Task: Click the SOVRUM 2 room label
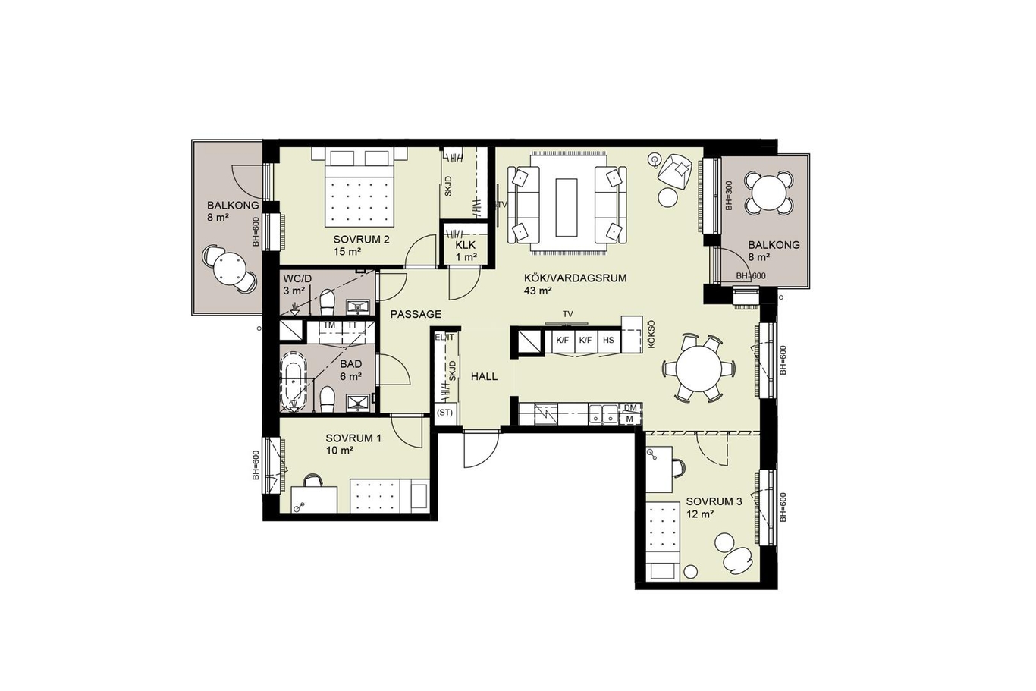click(x=361, y=240)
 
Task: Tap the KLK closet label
click(x=465, y=245)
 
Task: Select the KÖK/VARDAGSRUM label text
click(x=576, y=278)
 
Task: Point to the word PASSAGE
click(x=416, y=315)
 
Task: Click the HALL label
click(x=484, y=377)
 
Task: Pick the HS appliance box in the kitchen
click(x=609, y=341)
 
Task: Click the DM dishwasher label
click(x=630, y=407)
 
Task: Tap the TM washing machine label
click(x=329, y=325)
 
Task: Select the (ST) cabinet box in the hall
click(x=445, y=413)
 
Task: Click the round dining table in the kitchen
click(x=699, y=369)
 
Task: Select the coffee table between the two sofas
click(x=567, y=207)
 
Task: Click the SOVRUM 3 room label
click(x=714, y=501)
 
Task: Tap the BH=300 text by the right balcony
click(x=729, y=196)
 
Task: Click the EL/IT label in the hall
click(x=444, y=338)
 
